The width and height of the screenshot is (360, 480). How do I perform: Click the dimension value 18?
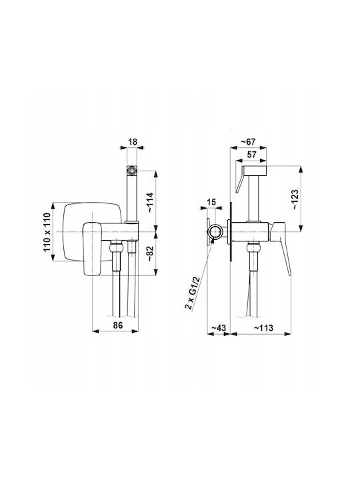133,142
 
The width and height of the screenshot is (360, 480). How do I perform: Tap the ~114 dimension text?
151,203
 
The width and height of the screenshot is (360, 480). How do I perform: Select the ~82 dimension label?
151,253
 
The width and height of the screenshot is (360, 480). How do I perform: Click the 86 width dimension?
118,325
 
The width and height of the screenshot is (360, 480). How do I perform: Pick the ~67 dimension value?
248,142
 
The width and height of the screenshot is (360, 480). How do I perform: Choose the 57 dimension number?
251,155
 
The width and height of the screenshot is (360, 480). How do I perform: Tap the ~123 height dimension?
295,199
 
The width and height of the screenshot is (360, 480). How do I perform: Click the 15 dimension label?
211,202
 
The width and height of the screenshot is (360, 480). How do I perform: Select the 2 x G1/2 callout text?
192,293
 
